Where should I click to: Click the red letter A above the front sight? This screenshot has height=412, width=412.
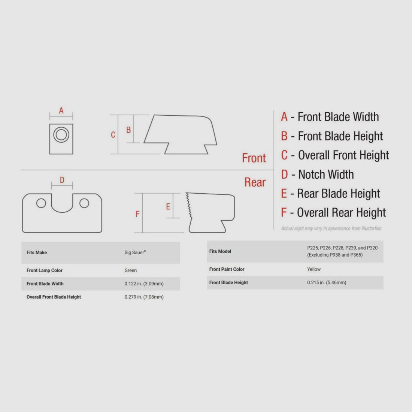point(61,110)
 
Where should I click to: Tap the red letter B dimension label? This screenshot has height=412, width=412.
point(128,130)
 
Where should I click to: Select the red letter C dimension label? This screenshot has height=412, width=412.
point(113,135)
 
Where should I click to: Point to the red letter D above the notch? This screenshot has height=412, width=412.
point(62,180)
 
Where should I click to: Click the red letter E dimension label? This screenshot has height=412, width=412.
point(168,206)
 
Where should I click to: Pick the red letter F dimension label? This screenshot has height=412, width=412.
point(137,214)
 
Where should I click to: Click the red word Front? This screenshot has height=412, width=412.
point(254,158)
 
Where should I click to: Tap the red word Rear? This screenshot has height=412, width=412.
point(255,182)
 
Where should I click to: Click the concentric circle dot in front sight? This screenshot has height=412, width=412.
point(61,135)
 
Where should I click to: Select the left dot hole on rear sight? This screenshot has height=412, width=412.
point(41,203)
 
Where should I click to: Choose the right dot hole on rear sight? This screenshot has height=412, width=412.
point(84,203)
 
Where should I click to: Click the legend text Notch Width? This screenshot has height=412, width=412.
point(326,175)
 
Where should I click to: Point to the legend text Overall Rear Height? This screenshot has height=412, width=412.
point(341,213)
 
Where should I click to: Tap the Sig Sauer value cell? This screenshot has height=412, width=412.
point(135,252)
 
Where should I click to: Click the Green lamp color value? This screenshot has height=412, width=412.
point(131,270)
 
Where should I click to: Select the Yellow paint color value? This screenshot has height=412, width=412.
point(314,269)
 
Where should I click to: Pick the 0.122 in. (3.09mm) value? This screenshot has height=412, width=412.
point(144,284)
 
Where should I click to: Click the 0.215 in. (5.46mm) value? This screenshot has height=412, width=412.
point(327,282)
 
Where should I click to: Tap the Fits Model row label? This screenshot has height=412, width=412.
point(220,251)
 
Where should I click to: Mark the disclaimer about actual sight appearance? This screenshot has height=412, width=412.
point(331,228)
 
